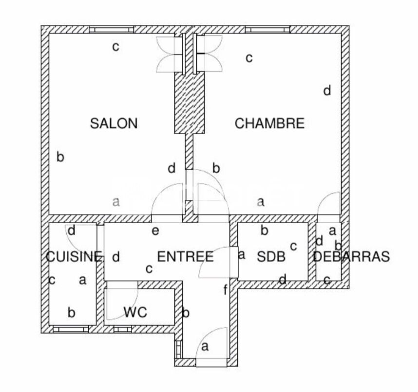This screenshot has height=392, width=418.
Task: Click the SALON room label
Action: coord(114,124)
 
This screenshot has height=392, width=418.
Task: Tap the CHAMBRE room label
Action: coord(269,124)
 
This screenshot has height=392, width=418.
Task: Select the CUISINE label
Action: coord(74,257)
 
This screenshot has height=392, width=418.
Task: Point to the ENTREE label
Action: coord(186,257)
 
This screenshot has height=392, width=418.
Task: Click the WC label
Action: coord(135,312)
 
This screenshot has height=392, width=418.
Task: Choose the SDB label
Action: coord(271,257)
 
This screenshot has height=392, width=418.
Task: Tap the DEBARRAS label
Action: coord(351,257)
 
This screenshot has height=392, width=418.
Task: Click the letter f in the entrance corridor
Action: coord(226,290)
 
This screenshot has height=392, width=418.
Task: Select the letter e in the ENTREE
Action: coord(155,231)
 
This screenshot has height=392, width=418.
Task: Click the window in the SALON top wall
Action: coord(111,29)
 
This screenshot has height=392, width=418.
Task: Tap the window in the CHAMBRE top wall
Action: coord(267,29)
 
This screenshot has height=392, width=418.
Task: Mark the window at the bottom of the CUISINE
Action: coord(71,329)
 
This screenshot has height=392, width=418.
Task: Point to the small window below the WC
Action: coord(123,329)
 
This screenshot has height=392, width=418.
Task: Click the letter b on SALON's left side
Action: coord(60,157)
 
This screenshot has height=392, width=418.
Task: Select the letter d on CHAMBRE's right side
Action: coord(327,90)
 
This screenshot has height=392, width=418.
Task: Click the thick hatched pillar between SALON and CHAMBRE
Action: coord(190,103)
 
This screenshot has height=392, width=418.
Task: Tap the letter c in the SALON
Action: coord(115,47)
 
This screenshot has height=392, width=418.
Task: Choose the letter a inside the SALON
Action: coord(116,202)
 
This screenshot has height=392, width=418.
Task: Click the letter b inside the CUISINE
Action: coord(71,312)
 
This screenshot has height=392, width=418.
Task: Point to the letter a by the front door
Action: coord(205,346)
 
